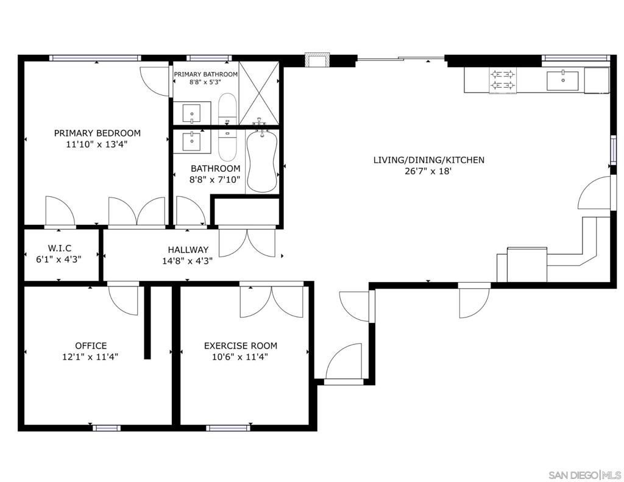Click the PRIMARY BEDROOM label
(97, 133)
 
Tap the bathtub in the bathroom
(262, 161)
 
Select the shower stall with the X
(258, 93)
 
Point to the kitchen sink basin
(562, 81)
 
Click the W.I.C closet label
(60, 249)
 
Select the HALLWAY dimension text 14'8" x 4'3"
(188, 261)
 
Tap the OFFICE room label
(91, 346)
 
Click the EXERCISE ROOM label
(240, 346)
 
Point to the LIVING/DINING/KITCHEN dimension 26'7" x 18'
(429, 172)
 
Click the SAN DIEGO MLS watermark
(584, 475)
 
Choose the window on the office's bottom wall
(106, 428)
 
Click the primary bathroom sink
(192, 113)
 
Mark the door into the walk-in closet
(60, 211)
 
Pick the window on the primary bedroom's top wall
(95, 58)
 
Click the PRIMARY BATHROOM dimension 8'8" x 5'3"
(205, 82)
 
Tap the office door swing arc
(123, 301)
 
